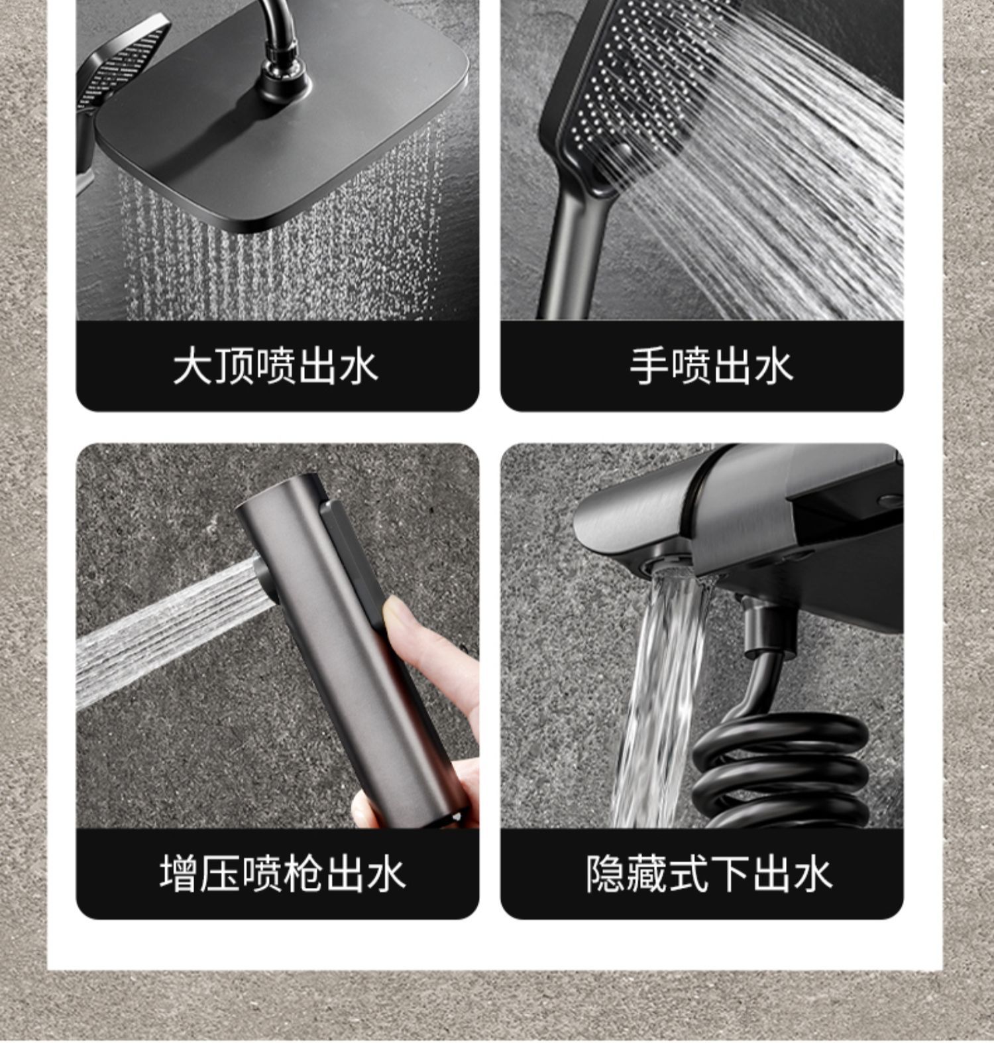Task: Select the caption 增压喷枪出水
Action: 282,873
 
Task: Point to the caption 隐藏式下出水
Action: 708,873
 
